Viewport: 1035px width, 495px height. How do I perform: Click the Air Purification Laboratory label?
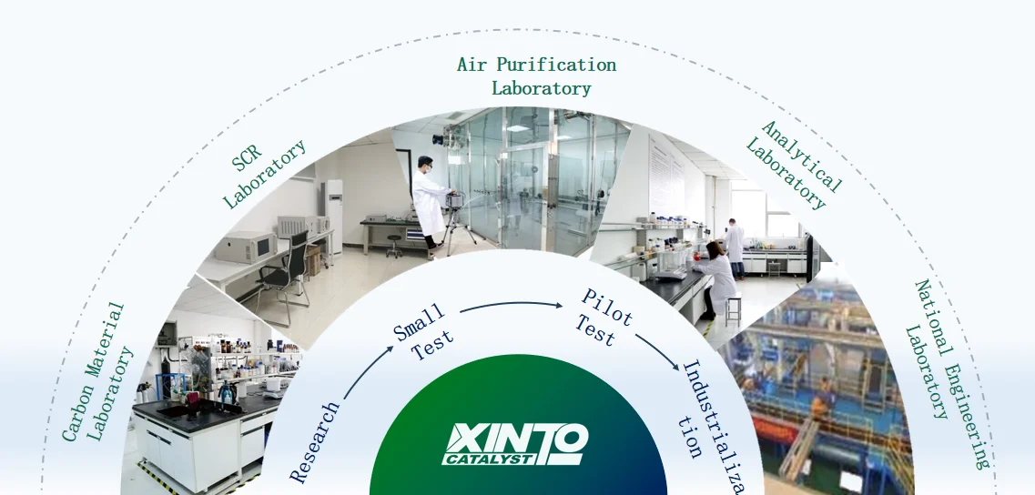[537, 76]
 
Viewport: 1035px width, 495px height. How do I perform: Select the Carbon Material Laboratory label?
[97, 373]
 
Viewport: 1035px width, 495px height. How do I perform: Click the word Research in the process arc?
[315, 441]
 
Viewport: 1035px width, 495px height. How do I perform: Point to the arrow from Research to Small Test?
[365, 374]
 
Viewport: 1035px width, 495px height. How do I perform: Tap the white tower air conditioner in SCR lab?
[333, 215]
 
